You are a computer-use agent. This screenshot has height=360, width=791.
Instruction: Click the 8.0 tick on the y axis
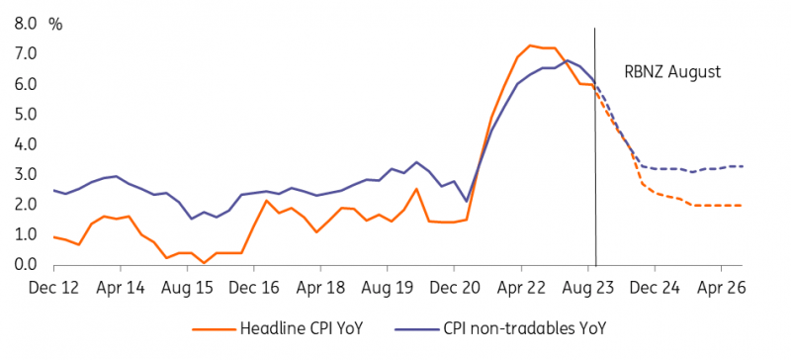pos(23,23)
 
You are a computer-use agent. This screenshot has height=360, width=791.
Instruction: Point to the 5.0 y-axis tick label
pos(23,114)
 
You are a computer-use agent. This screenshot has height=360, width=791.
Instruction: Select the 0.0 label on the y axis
pos(23,265)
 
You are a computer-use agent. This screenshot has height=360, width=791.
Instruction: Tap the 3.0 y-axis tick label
pos(23,174)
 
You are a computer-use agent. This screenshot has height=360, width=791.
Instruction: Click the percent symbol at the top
pos(55,23)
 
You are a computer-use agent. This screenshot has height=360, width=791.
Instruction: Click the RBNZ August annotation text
pos(673,72)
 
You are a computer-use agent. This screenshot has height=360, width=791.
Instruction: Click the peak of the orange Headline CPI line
pos(530,45)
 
